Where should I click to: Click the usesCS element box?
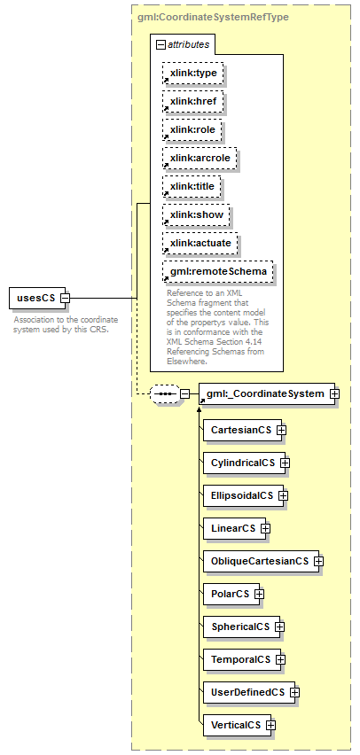click(37, 298)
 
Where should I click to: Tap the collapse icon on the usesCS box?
click(65, 298)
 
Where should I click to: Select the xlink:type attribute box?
click(192, 74)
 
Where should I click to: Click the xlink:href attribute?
click(192, 102)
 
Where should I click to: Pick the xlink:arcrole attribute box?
click(200, 158)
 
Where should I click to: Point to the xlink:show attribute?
click(196, 214)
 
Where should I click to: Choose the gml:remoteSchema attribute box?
click(218, 271)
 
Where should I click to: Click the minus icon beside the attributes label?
click(161, 45)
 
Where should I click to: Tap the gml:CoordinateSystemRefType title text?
click(214, 18)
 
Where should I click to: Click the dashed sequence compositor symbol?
click(165, 393)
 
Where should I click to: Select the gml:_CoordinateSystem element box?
click(267, 393)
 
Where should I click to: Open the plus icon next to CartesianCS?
click(281, 430)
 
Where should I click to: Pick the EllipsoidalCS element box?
click(243, 495)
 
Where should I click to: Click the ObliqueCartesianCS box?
click(262, 561)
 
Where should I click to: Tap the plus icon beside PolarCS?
click(259, 595)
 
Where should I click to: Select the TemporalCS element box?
click(242, 659)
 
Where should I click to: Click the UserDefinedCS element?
click(249, 692)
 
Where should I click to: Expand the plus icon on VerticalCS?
click(270, 725)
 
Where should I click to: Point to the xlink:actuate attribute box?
click(200, 243)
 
